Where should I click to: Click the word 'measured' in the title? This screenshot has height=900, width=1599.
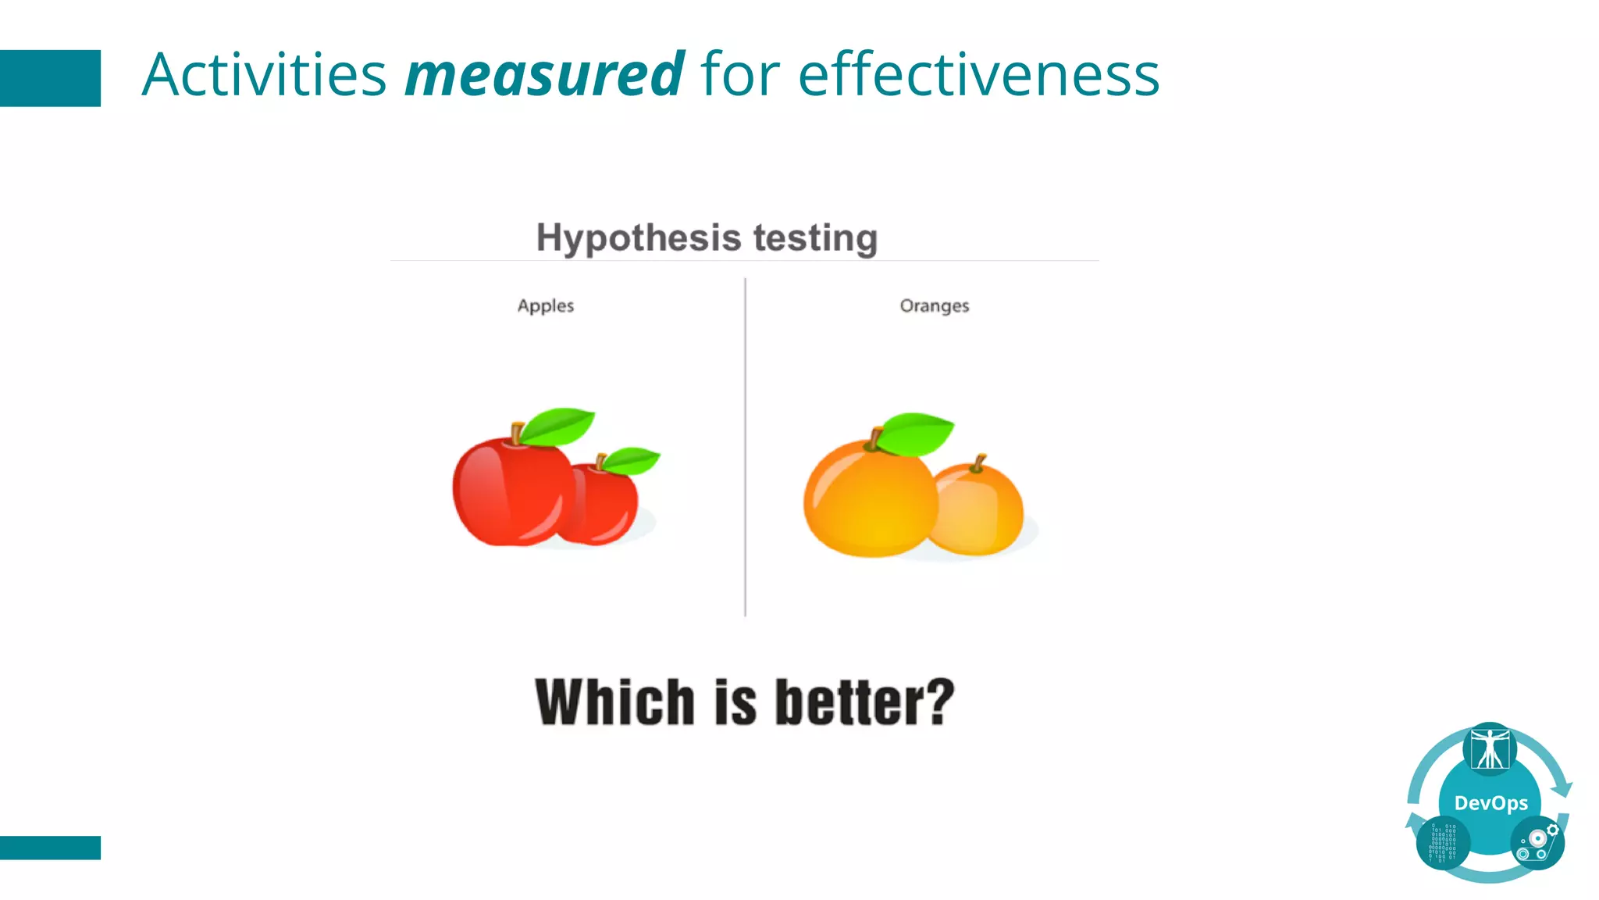pyautogui.click(x=544, y=75)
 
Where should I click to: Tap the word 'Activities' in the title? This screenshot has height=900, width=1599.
pyautogui.click(x=264, y=75)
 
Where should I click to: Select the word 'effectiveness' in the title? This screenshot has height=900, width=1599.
pyautogui.click(x=978, y=75)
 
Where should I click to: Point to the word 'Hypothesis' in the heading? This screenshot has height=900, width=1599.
pyautogui.click(x=638, y=238)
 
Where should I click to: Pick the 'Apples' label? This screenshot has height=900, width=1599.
pyautogui.click(x=545, y=306)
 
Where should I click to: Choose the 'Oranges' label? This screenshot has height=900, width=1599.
pyautogui.click(x=934, y=306)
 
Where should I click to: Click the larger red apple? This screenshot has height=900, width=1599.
pyautogui.click(x=507, y=492)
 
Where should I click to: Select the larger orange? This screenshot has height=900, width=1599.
pyautogui.click(x=867, y=500)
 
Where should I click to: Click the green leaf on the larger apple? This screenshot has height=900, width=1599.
pyautogui.click(x=557, y=426)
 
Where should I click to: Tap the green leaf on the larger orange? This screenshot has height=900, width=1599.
pyautogui.click(x=915, y=432)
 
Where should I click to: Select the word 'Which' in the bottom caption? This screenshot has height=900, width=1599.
pyautogui.click(x=614, y=702)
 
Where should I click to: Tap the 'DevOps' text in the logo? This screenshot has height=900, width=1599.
pyautogui.click(x=1490, y=803)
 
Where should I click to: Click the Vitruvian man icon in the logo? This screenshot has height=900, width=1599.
pyautogui.click(x=1490, y=749)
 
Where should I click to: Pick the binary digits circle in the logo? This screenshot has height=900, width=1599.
pyautogui.click(x=1443, y=844)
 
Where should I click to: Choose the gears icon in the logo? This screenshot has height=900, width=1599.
pyautogui.click(x=1537, y=842)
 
